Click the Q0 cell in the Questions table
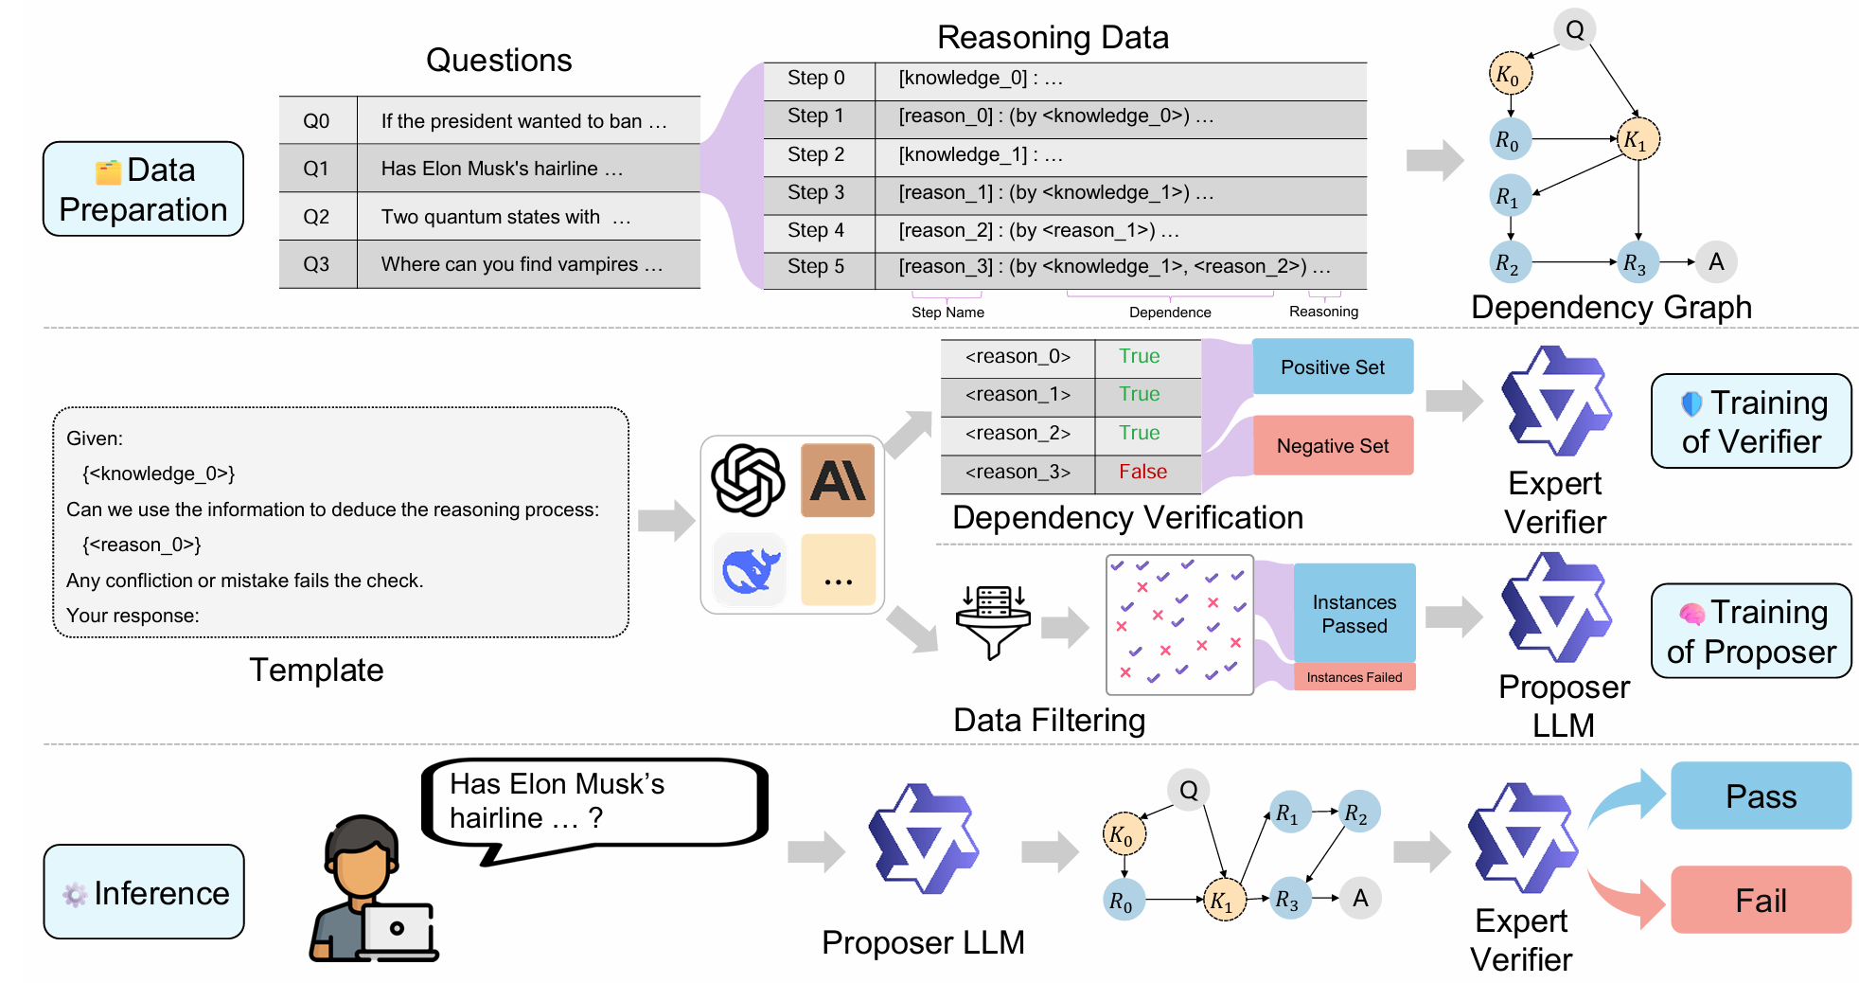point(316,121)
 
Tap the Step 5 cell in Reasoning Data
point(818,267)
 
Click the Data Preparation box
point(143,189)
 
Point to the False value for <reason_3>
point(1142,472)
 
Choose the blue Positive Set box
point(1332,367)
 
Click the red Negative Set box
point(1332,446)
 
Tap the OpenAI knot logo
point(748,480)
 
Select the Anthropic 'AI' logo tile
point(838,480)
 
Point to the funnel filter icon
point(993,621)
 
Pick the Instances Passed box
point(1354,614)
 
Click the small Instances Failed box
point(1354,677)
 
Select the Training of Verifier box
point(1751,421)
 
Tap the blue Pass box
point(1760,796)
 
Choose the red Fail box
point(1760,900)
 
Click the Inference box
point(144,892)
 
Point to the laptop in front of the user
point(398,930)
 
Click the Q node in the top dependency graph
point(1575,30)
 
